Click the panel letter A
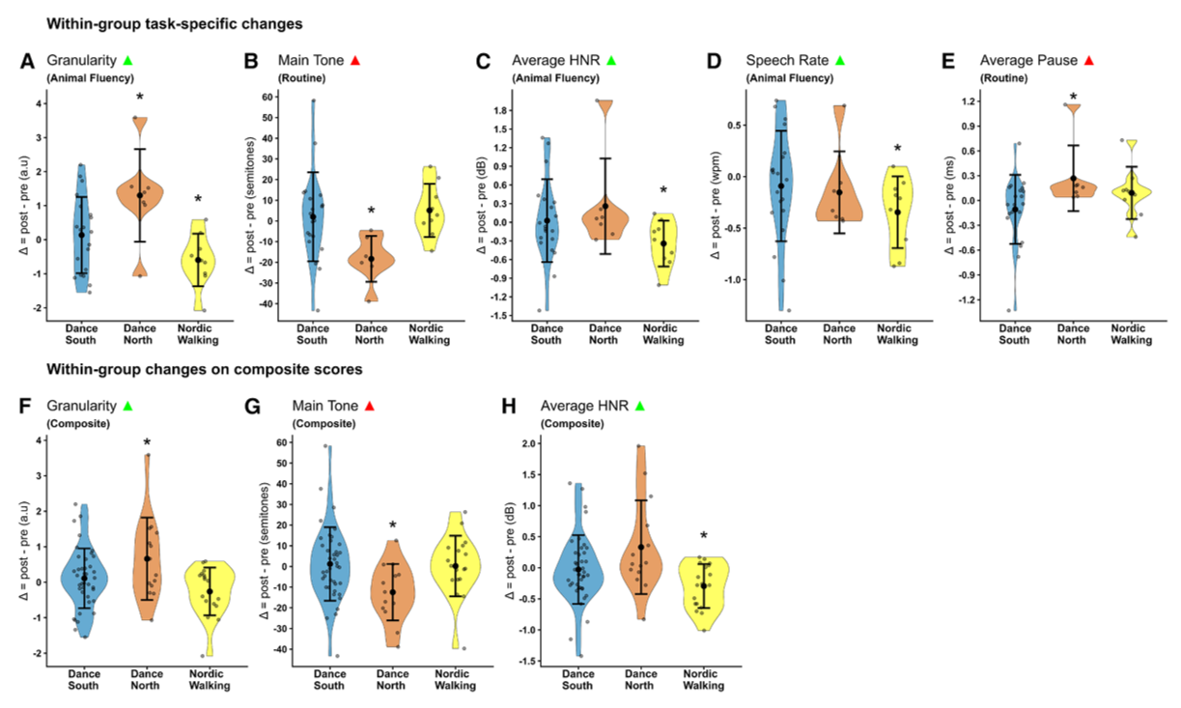coord(27,62)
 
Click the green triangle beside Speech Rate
coord(840,61)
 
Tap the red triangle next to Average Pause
coord(1088,61)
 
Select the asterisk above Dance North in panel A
coord(140,97)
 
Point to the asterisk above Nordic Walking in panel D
coord(897,149)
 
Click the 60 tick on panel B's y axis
coord(267,97)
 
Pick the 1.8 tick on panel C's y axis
coord(500,110)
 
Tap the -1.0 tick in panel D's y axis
coord(732,279)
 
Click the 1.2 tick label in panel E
coord(968,100)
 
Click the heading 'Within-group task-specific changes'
coord(175,24)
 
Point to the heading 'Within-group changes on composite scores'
coord(205,369)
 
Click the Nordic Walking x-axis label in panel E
coord(1131,334)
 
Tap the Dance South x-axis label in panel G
coord(329,680)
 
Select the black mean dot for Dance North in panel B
coord(371,259)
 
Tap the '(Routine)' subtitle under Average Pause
coord(1004,78)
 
